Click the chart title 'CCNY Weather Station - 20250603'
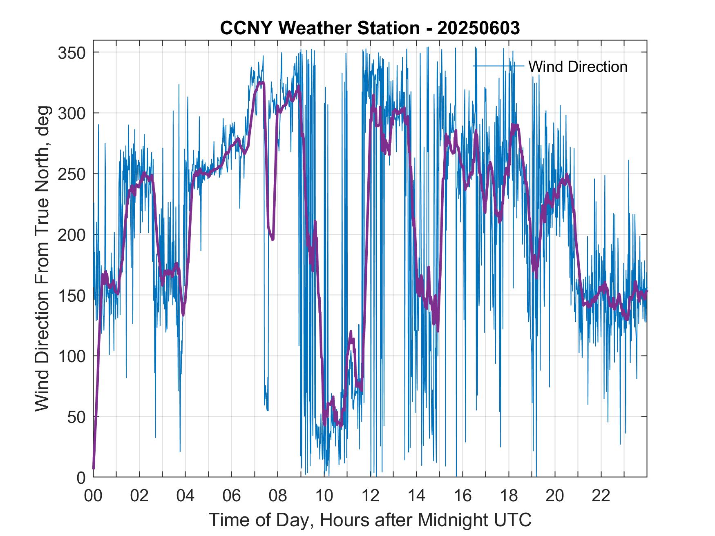370,28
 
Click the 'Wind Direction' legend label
578,67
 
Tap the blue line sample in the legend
498,66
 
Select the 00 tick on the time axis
94,496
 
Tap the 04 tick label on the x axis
185,496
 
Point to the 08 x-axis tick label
278,496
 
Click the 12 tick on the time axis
370,496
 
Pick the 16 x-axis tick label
463,496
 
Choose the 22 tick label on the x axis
601,496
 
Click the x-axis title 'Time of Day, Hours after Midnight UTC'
370,520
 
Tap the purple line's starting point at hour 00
94,469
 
